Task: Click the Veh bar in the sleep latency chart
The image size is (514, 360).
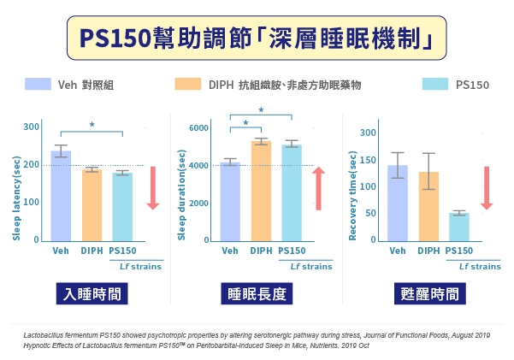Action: pyautogui.click(x=61, y=196)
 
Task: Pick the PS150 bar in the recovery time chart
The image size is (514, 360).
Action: pyautogui.click(x=459, y=227)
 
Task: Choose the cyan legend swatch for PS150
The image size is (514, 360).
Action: pyautogui.click(x=436, y=84)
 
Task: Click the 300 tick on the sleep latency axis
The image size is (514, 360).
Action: pyautogui.click(x=31, y=127)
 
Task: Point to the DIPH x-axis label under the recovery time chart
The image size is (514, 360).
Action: pyautogui.click(x=428, y=251)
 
